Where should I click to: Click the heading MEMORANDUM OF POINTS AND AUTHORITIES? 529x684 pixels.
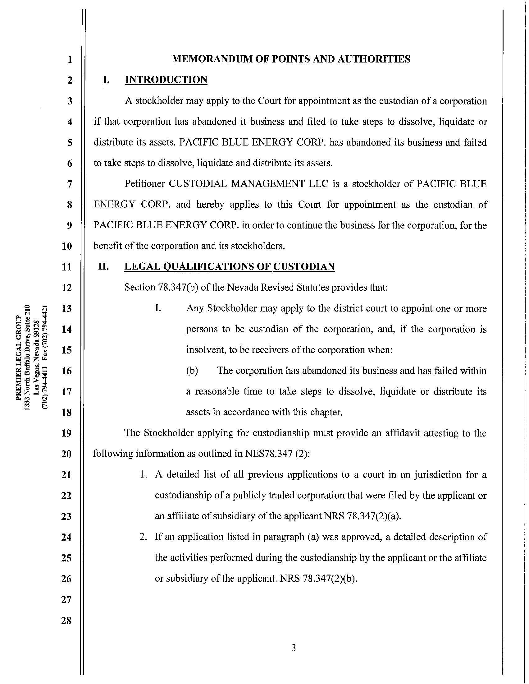[x=291, y=59]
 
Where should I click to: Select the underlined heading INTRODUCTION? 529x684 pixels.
[x=166, y=80]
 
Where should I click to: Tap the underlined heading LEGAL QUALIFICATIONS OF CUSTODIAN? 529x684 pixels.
[x=230, y=266]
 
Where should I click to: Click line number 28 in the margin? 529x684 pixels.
[x=66, y=621]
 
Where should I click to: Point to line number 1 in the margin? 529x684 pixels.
[x=70, y=59]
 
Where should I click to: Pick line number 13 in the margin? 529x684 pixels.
[x=67, y=308]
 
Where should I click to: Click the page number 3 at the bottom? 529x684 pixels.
[x=293, y=648]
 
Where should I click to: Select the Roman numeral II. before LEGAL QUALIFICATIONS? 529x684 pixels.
[x=103, y=266]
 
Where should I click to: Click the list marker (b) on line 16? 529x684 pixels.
[x=192, y=371]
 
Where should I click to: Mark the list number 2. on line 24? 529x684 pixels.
[x=143, y=537]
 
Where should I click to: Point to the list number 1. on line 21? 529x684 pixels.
[x=143, y=475]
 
